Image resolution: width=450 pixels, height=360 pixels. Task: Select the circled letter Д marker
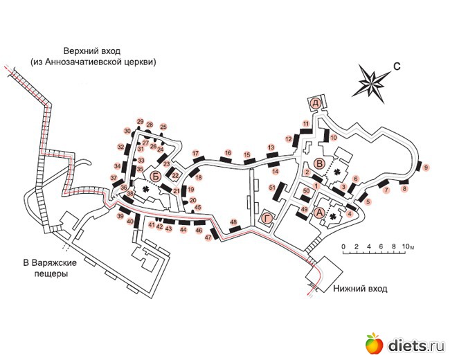tap(316, 102)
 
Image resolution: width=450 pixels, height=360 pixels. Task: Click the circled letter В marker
tap(319, 163)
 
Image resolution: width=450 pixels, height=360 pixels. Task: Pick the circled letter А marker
tap(319, 213)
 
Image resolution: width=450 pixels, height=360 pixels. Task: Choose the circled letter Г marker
tap(267, 218)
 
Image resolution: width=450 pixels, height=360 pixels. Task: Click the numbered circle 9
tap(426, 168)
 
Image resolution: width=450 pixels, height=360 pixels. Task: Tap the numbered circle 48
tap(233, 222)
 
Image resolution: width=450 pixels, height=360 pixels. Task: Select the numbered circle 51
tap(273, 188)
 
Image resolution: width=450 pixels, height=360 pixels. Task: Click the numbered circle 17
tap(196, 153)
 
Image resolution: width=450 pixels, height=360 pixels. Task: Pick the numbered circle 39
tap(120, 217)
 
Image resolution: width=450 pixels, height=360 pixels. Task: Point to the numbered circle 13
tap(271, 147)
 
